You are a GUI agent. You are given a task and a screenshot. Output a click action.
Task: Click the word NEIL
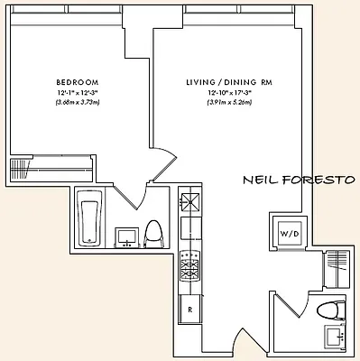[x=261, y=179]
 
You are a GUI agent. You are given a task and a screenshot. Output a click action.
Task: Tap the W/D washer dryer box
[x=290, y=233]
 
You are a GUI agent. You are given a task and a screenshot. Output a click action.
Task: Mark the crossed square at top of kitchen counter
[x=190, y=202]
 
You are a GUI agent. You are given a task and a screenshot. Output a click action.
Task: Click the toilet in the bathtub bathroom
[x=153, y=234]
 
